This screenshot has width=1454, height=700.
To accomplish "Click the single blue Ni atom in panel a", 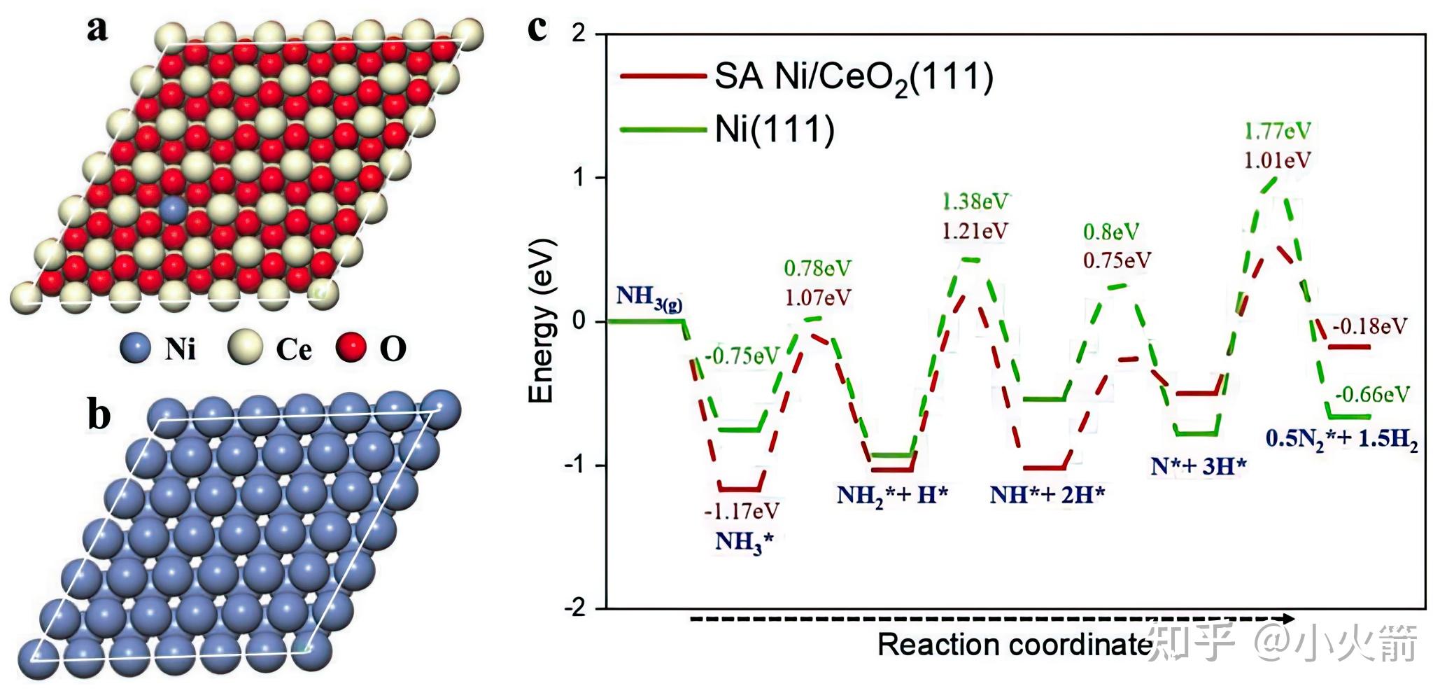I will [x=171, y=210].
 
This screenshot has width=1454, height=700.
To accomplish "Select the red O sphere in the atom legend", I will [x=351, y=348].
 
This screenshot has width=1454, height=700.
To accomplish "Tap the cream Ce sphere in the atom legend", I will [x=245, y=348].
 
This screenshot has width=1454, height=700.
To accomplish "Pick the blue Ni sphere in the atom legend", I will [x=136, y=348].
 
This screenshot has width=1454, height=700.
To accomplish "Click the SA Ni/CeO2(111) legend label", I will [x=854, y=77].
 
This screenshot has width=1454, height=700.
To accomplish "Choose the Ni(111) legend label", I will [x=775, y=129].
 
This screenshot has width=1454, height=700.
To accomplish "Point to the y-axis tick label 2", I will [x=579, y=34].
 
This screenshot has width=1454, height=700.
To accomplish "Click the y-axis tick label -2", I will [x=574, y=608].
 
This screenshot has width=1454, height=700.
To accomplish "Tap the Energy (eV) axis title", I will [x=542, y=321].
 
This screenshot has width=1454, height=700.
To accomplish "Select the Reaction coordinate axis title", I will [x=1015, y=645].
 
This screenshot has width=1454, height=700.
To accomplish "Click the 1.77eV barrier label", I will [x=1277, y=131].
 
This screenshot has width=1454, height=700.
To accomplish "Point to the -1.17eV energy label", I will [x=741, y=512].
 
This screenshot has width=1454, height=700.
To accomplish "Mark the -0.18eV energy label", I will [x=1369, y=326].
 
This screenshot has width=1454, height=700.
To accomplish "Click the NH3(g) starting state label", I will [x=649, y=297].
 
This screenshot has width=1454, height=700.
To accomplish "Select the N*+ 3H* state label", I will [x=1198, y=466].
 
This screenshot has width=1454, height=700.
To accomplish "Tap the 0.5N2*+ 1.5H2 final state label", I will [x=1341, y=440].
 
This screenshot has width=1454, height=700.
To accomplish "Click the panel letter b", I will [x=99, y=414].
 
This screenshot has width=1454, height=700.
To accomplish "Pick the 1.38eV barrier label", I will [x=975, y=202].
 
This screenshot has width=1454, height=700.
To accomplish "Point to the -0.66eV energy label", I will [x=1371, y=395].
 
